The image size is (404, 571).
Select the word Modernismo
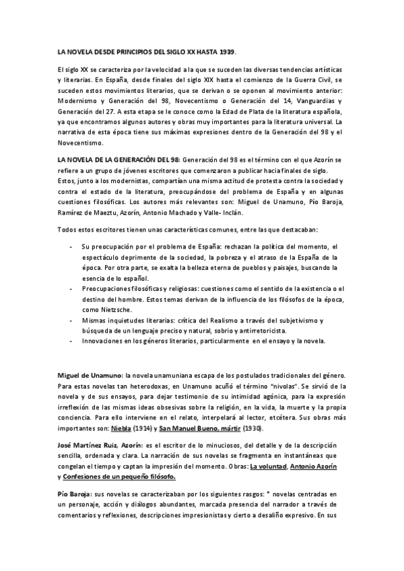click(x=79, y=100)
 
